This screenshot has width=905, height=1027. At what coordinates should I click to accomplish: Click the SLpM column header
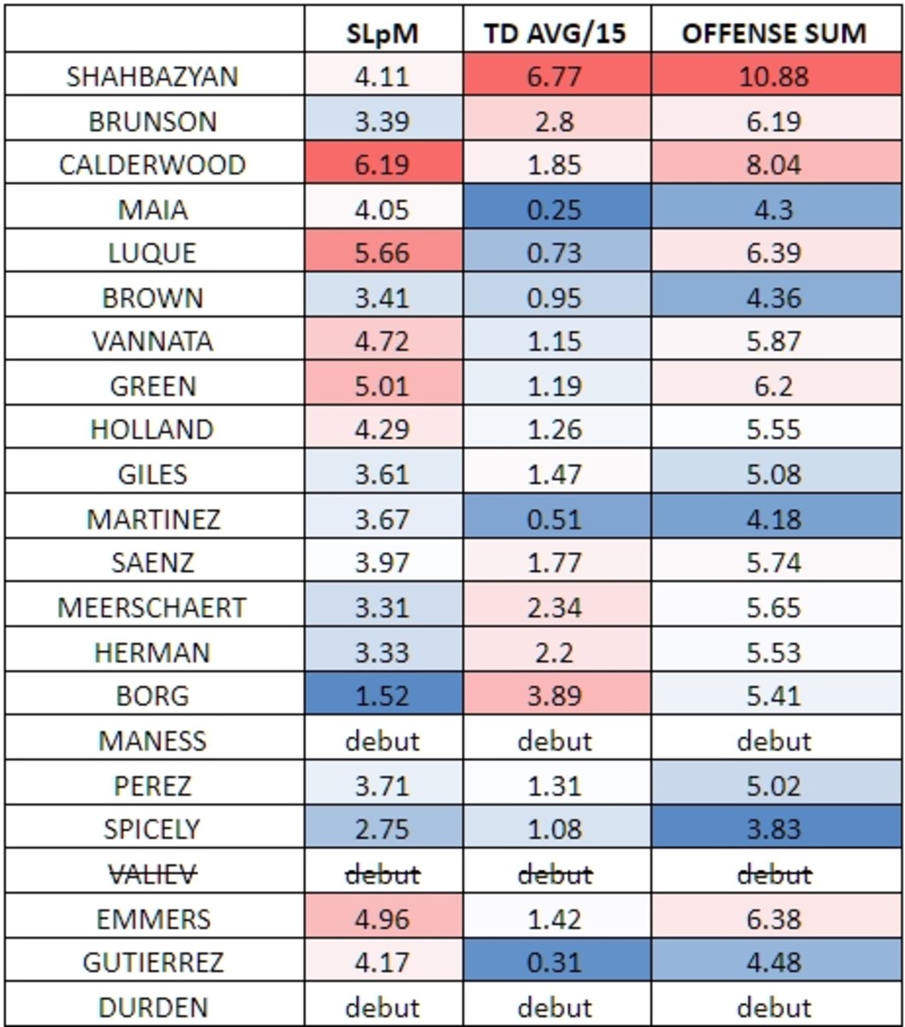pyautogui.click(x=382, y=33)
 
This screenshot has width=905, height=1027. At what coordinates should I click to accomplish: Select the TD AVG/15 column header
pyautogui.click(x=554, y=33)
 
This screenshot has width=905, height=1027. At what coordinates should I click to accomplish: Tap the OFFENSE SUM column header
pyautogui.click(x=774, y=33)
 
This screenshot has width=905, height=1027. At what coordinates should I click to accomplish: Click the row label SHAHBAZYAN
pyautogui.click(x=152, y=76)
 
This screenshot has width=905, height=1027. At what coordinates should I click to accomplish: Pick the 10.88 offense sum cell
pyautogui.click(x=774, y=76)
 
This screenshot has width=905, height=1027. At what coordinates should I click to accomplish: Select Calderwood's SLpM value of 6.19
pyautogui.click(x=382, y=165)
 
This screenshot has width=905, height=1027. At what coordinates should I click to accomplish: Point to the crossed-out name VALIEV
pyautogui.click(x=152, y=874)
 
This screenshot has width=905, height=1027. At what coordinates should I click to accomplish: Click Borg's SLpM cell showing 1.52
pyautogui.click(x=382, y=696)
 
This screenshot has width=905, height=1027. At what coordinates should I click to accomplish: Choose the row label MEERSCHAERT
pyautogui.click(x=152, y=608)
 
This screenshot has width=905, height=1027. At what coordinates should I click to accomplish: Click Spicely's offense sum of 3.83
pyautogui.click(x=774, y=829)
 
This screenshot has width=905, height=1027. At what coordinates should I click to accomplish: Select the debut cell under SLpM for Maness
pyautogui.click(x=382, y=740)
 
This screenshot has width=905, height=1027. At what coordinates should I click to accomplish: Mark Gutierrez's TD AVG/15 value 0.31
pyautogui.click(x=554, y=963)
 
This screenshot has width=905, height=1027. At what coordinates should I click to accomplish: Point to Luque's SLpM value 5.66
pyautogui.click(x=382, y=253)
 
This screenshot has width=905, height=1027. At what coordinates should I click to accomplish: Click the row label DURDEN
pyautogui.click(x=152, y=1007)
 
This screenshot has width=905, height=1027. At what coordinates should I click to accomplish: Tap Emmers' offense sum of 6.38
pyautogui.click(x=774, y=918)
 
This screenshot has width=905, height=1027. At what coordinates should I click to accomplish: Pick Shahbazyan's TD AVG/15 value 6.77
pyautogui.click(x=554, y=76)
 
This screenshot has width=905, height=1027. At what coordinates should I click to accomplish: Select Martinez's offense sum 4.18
pyautogui.click(x=774, y=519)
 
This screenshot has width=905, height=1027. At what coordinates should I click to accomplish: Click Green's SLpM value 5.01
pyautogui.click(x=382, y=386)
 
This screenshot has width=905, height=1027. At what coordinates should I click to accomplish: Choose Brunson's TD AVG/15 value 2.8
pyautogui.click(x=554, y=121)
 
